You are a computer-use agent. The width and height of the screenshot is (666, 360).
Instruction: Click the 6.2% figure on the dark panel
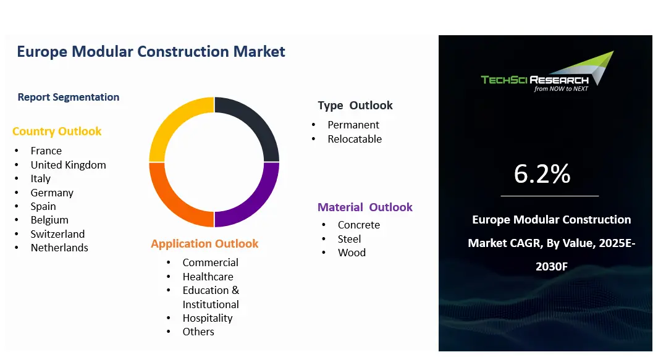tap(542, 174)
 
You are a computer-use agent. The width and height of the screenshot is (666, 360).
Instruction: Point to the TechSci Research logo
tap(547, 72)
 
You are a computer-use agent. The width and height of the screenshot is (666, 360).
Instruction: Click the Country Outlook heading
tap(57, 132)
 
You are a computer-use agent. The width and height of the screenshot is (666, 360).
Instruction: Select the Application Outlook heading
tap(204, 244)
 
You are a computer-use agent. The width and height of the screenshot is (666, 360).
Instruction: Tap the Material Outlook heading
tap(365, 207)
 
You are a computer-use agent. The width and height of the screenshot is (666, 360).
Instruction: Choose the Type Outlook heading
tap(355, 105)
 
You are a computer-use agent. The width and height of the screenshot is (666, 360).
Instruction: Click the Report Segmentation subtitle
tap(69, 97)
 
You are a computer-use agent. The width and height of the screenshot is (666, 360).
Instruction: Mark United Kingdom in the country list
tap(69, 165)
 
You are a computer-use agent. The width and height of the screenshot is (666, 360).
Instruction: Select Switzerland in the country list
tap(58, 234)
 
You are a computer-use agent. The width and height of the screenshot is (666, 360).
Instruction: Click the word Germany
tap(52, 193)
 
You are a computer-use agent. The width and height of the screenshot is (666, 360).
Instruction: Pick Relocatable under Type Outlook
tap(355, 139)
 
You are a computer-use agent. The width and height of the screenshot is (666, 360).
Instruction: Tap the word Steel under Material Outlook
tap(349, 239)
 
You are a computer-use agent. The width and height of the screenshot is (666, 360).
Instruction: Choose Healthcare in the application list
tap(208, 277)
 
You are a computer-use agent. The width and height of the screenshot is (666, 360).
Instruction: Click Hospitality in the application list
tap(208, 318)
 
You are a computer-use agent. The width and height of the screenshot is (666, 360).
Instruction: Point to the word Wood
tap(352, 253)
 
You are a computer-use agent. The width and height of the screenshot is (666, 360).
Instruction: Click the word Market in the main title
tap(259, 51)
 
